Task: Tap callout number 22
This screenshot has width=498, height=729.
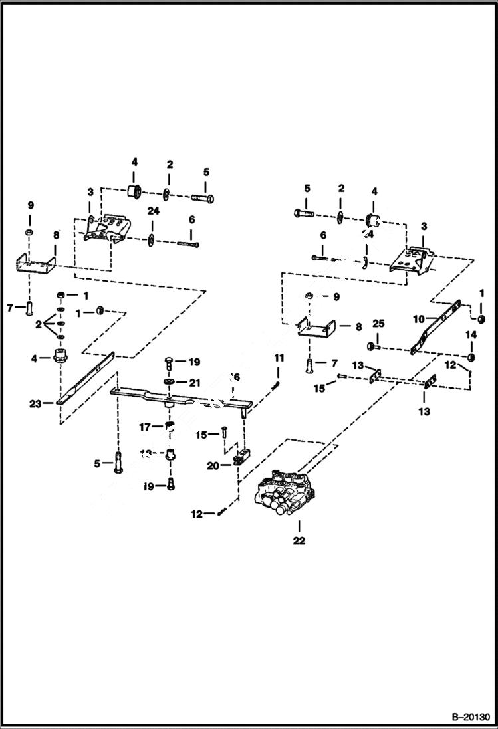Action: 299,541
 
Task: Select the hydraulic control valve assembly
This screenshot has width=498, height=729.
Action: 286,493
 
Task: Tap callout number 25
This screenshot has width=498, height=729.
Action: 378,324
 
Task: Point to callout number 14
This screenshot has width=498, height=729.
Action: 471,335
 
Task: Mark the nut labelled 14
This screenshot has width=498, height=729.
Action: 471,358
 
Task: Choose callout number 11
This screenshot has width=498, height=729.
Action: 279,358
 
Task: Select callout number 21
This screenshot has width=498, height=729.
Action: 194,382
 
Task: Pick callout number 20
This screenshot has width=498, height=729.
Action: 212,467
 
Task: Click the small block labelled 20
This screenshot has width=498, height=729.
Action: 240,458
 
